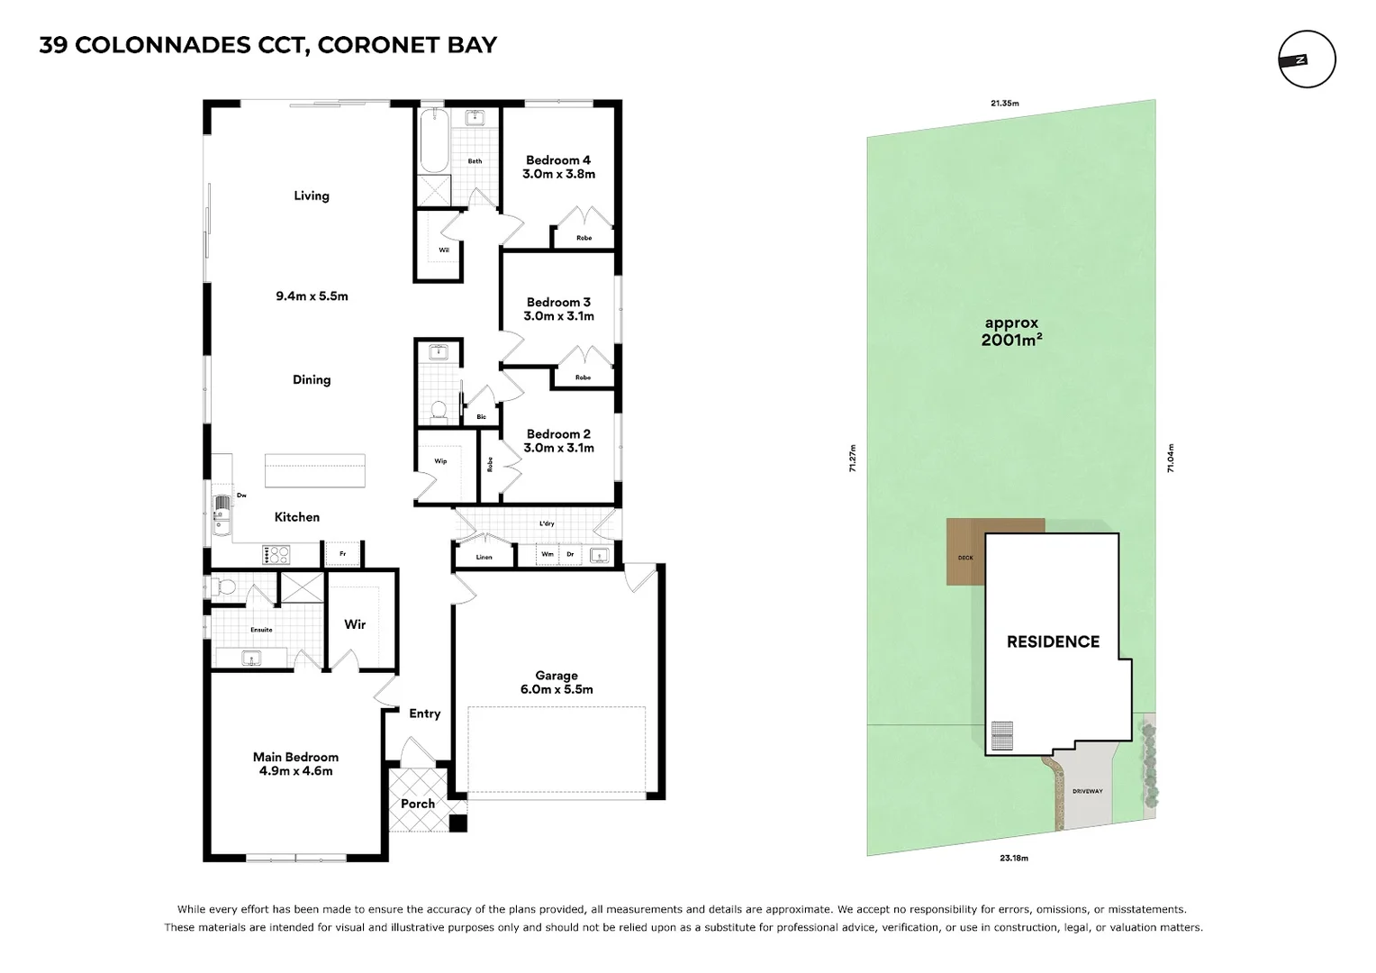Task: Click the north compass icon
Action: click(1307, 59)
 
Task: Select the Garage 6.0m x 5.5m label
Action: click(556, 682)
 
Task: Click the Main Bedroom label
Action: click(295, 764)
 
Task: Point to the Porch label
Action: click(418, 804)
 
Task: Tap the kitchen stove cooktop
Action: click(276, 554)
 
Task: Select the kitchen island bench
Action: click(315, 471)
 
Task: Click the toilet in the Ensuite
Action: click(226, 587)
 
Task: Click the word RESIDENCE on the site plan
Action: click(1053, 641)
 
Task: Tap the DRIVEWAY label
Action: click(1087, 792)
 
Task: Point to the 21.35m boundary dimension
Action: click(1004, 104)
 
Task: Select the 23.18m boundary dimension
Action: click(1013, 858)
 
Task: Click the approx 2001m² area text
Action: click(1011, 332)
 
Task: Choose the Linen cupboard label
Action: click(484, 557)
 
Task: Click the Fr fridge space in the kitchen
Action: click(342, 554)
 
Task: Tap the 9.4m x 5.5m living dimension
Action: click(312, 296)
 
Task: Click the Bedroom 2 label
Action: click(558, 441)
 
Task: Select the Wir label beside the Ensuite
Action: click(355, 624)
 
